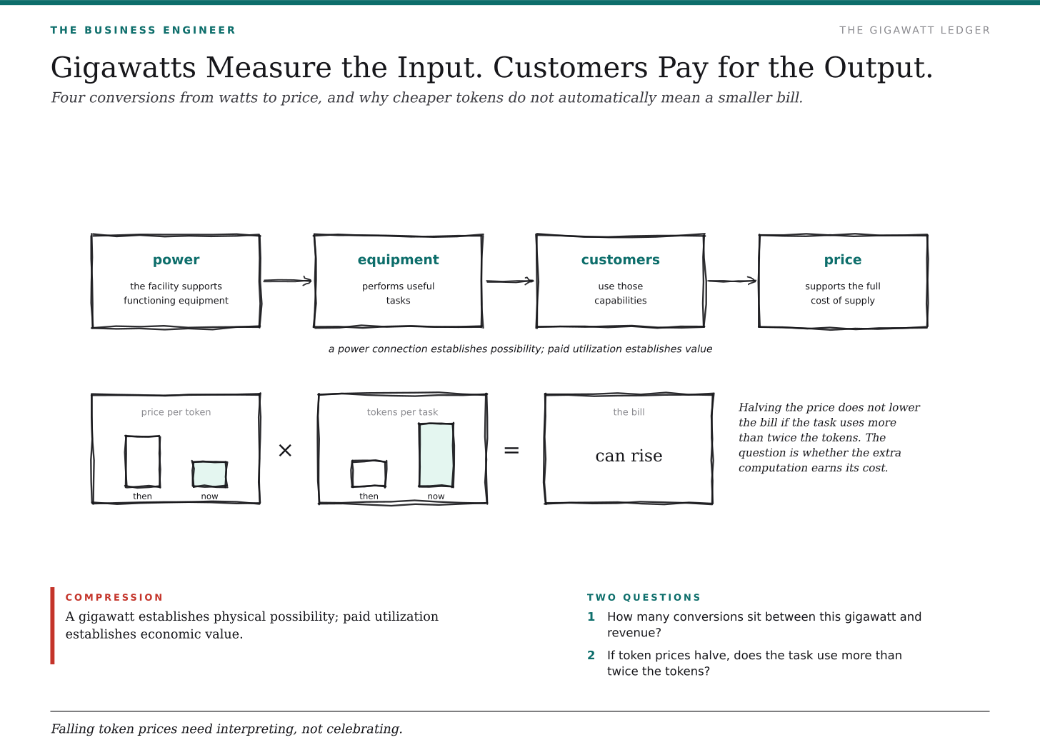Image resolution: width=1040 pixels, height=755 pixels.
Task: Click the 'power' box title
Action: (x=176, y=260)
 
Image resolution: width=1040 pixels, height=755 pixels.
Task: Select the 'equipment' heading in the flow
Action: (x=398, y=260)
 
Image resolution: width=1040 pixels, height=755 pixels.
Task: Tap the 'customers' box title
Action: (x=620, y=259)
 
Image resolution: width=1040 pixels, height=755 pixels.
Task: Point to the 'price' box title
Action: (x=843, y=260)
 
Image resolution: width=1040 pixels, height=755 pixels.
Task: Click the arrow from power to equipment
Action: (x=287, y=281)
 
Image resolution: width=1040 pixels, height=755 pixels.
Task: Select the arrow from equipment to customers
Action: (x=510, y=281)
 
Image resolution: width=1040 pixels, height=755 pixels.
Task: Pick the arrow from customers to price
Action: (x=731, y=281)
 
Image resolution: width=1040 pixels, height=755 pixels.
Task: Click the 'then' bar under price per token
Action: (x=143, y=461)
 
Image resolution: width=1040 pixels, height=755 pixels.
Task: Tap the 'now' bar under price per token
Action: (x=210, y=474)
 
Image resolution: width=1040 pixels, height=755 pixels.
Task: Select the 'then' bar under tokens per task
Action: (x=369, y=474)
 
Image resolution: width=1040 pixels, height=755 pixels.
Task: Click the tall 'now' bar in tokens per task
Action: (x=436, y=455)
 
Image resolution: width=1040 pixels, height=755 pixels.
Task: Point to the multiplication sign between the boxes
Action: (x=285, y=450)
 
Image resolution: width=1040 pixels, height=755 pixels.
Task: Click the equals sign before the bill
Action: (x=511, y=450)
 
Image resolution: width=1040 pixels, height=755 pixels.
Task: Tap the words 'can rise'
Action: (x=629, y=456)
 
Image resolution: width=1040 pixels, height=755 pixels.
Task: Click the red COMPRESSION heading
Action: (x=114, y=597)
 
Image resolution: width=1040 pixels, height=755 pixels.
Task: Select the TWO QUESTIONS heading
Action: (x=644, y=597)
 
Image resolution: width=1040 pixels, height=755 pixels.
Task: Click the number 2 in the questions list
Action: (x=591, y=655)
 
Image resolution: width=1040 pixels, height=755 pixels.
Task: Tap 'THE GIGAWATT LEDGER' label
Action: (x=914, y=30)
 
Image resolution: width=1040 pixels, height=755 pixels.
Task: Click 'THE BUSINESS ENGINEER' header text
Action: (x=143, y=30)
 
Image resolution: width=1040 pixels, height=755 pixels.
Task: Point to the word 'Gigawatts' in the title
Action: (x=124, y=69)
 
